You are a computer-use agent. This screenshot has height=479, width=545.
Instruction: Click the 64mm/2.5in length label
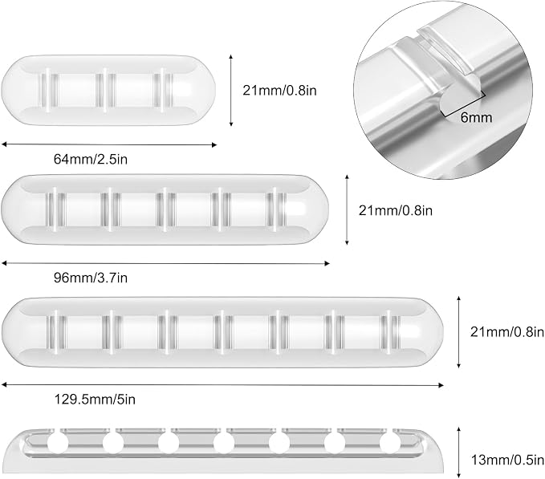click(x=91, y=159)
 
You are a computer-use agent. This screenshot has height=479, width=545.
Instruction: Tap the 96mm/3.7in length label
click(x=91, y=278)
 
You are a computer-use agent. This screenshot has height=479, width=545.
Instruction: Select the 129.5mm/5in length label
click(x=95, y=400)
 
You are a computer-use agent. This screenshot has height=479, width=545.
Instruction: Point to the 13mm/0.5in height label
click(x=507, y=461)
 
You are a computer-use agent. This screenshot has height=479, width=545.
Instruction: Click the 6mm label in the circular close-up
click(x=476, y=118)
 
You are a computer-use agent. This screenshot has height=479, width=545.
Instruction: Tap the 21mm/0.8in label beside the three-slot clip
click(x=279, y=91)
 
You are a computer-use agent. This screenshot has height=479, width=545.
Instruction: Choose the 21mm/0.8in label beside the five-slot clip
click(x=396, y=210)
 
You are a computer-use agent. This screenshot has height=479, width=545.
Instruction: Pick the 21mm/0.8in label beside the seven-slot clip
click(x=507, y=332)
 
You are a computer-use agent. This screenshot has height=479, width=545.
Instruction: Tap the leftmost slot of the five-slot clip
click(x=55, y=209)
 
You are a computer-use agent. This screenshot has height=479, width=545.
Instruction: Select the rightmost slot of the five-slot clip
click(x=277, y=209)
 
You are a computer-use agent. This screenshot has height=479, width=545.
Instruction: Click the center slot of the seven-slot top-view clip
click(x=222, y=331)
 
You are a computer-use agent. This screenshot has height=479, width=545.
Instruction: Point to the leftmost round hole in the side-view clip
click(x=57, y=444)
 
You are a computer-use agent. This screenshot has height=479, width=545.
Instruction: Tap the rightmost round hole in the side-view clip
click(x=390, y=444)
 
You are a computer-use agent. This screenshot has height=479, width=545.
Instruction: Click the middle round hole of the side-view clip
click(x=224, y=444)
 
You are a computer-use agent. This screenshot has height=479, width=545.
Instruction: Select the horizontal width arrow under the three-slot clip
click(x=109, y=144)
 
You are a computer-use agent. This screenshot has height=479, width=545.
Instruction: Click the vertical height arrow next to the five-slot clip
click(x=347, y=209)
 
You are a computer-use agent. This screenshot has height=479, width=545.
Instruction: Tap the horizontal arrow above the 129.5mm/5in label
click(x=222, y=385)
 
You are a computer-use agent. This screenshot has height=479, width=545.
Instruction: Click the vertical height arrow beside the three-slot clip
click(x=231, y=91)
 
